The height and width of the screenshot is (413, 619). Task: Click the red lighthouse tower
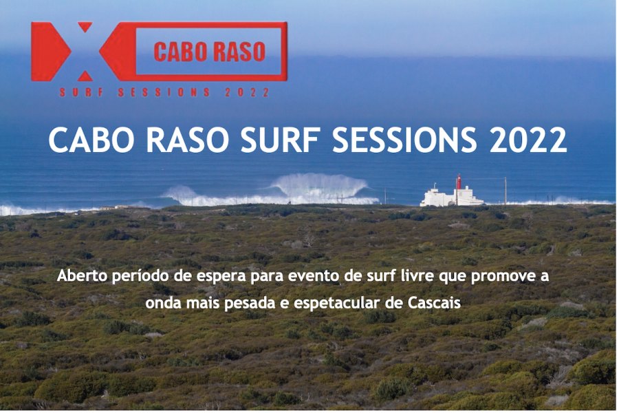[459, 182]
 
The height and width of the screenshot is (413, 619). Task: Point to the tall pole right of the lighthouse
[506, 191]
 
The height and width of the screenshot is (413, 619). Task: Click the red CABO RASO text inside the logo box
[209, 52]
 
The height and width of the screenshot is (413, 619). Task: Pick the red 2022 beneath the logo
[247, 92]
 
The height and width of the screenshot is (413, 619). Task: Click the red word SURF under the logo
[81, 92]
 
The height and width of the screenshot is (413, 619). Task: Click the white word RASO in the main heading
[188, 140]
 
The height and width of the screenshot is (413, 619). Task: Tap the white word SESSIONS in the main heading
[404, 140]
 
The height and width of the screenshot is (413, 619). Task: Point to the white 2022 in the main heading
[528, 140]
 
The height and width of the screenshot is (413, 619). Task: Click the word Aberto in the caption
[82, 276]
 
